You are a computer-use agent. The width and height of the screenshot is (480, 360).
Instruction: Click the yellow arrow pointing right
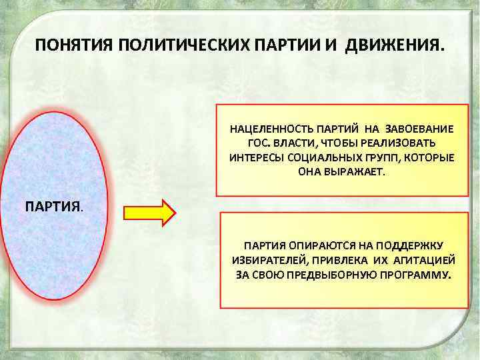149,212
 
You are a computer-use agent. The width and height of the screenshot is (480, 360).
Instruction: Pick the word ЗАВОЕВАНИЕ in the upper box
420,128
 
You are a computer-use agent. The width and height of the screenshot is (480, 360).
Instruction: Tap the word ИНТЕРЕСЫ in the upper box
251,157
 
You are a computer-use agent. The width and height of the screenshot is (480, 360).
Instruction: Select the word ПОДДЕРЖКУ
413,245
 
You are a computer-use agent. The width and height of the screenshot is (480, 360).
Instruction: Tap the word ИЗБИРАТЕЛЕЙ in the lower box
265,259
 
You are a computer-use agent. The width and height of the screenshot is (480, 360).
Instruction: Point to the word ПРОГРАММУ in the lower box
411,274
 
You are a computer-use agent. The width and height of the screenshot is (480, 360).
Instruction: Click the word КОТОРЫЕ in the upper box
428,157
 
